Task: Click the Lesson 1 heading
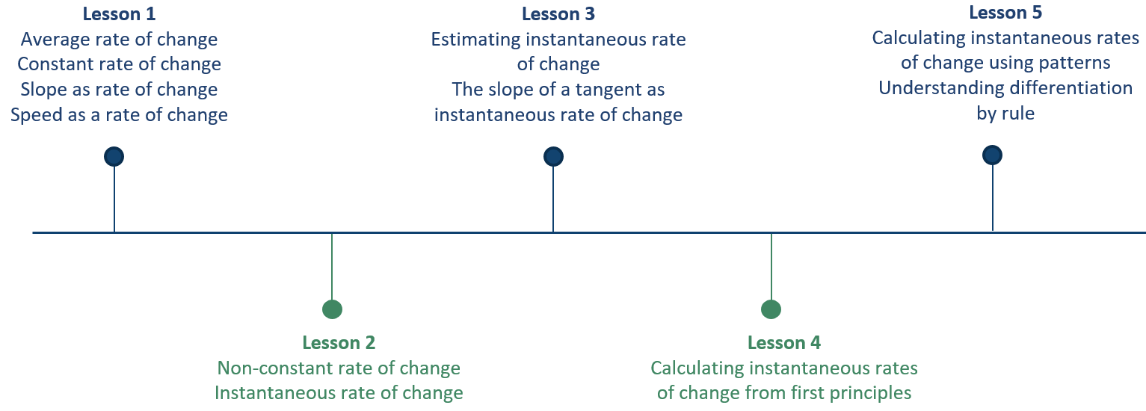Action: [119, 13]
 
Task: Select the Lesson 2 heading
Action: [339, 342]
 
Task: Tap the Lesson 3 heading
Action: [558, 13]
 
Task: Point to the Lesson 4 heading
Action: [783, 342]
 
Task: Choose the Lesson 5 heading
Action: [1005, 12]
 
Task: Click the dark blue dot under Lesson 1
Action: [114, 156]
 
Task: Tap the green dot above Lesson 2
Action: [332, 309]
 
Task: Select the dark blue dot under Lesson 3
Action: [553, 156]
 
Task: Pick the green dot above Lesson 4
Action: [771, 309]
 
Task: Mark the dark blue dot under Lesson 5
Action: [992, 155]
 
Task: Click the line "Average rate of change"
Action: [119, 40]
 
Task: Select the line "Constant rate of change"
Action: [119, 64]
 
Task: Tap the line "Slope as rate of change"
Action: [119, 90]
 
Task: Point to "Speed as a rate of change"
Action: [119, 115]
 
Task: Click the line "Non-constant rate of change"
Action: [339, 368]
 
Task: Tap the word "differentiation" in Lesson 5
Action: [1075, 88]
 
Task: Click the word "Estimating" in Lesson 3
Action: [475, 40]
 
